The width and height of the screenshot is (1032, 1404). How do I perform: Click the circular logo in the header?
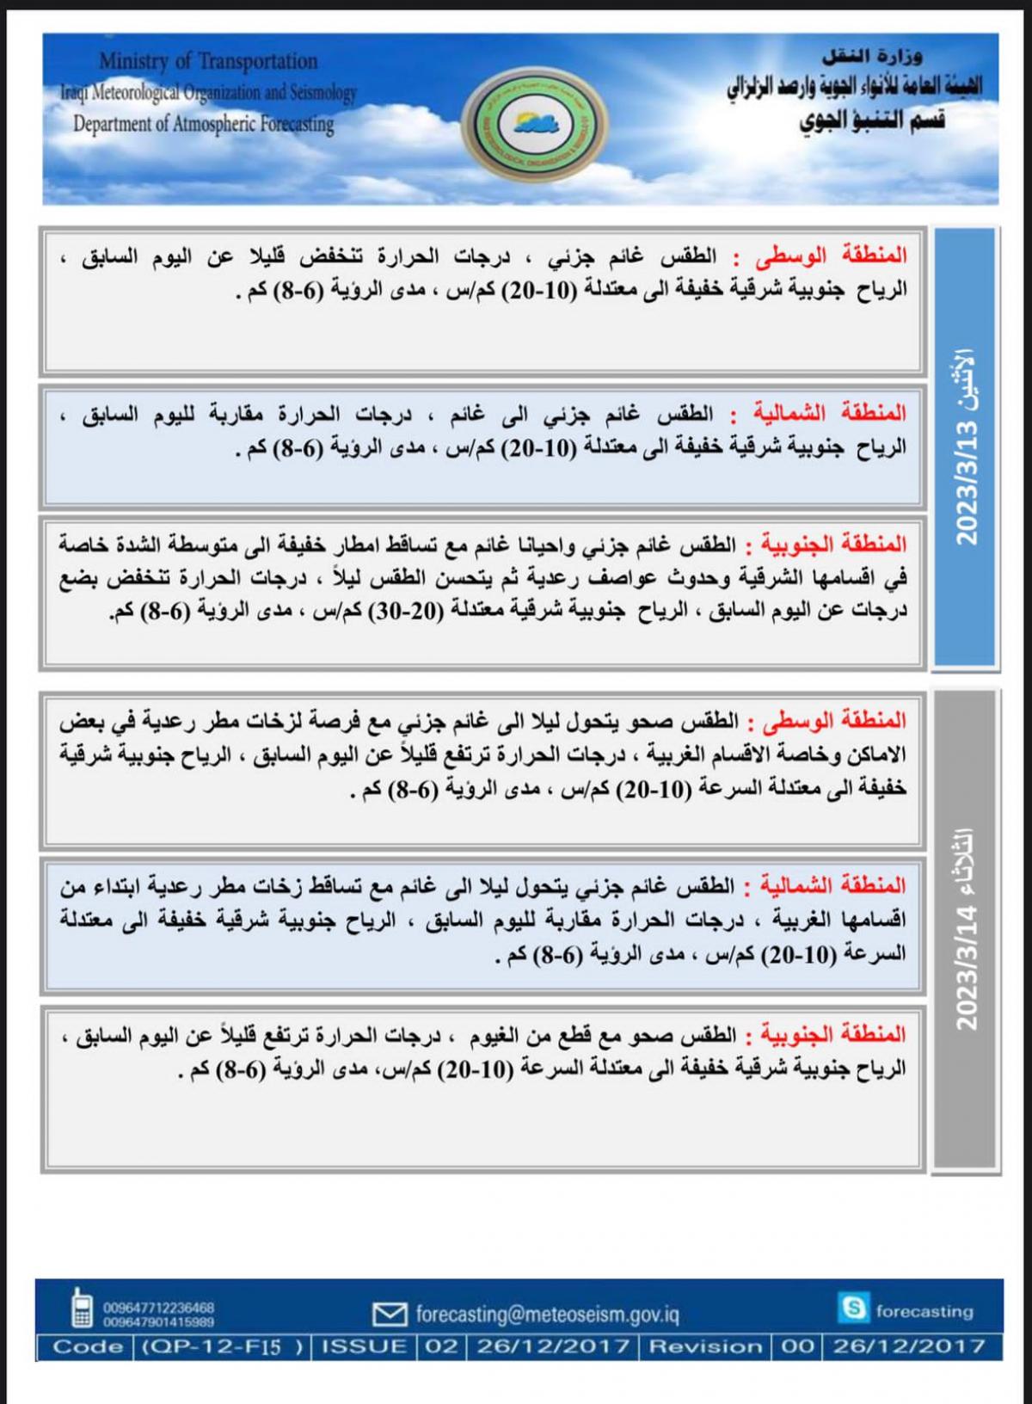[x=535, y=123]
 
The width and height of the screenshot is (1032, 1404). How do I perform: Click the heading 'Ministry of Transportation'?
[x=208, y=61]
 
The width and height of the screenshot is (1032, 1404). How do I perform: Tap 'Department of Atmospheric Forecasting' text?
[x=203, y=124]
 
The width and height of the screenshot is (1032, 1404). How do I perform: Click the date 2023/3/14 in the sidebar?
[x=967, y=968]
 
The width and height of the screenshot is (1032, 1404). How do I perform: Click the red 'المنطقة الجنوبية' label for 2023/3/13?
[x=831, y=545]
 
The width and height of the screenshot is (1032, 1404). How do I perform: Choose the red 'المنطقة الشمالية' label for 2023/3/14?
[x=831, y=885]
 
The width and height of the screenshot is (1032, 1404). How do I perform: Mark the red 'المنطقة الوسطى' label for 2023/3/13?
[x=832, y=256]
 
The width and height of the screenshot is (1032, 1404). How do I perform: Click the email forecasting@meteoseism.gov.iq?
[x=547, y=1315]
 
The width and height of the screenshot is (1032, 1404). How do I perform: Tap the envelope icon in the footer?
[x=390, y=1314]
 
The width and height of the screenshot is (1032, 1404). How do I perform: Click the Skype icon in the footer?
[x=854, y=1309]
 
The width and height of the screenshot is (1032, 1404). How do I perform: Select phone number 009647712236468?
[x=158, y=1308]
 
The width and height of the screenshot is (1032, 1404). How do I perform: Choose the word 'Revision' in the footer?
[x=705, y=1346]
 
